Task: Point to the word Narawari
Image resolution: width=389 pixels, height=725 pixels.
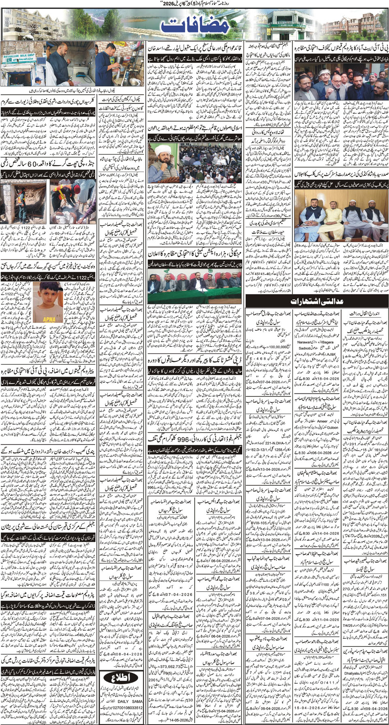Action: click(x=308, y=342)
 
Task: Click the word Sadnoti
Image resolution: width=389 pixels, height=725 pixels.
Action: click(x=305, y=348)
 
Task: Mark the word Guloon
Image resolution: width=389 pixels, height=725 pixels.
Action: click(x=332, y=427)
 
